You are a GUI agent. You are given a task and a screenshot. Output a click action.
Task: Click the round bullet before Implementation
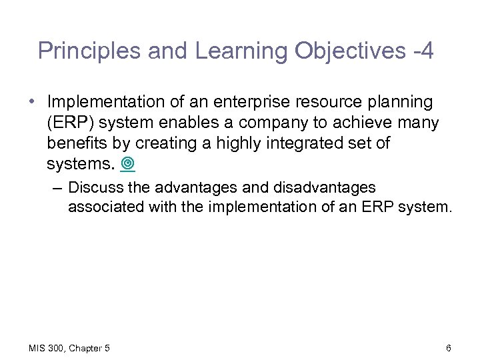[x=33, y=103]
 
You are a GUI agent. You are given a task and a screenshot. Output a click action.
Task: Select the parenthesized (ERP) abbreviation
[x=71, y=123]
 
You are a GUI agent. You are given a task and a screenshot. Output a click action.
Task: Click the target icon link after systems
[x=128, y=164]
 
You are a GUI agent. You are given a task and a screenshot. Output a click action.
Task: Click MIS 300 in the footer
[x=44, y=347]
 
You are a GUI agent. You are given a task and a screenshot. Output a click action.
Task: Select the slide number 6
[x=449, y=347]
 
